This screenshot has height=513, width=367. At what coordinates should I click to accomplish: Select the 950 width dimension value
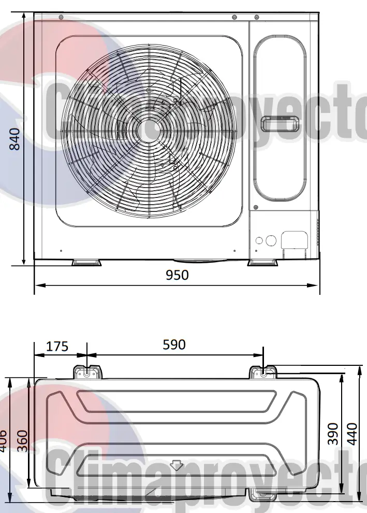177,275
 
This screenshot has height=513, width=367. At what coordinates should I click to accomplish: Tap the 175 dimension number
57,346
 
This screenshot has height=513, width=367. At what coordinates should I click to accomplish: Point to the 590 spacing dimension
174,345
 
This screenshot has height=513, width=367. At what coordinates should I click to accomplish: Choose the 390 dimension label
333,433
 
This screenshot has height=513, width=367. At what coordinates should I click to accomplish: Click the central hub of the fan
149,129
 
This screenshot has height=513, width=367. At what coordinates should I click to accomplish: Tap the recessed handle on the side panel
279,125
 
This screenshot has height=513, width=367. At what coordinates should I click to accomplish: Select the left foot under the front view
86,263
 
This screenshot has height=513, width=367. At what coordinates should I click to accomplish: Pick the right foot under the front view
263,263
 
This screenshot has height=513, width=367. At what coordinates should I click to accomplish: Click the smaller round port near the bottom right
259,240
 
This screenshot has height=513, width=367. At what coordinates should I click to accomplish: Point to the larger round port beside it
270,240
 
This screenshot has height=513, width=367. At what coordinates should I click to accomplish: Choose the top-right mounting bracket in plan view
264,373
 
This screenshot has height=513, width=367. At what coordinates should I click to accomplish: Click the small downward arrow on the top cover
177,465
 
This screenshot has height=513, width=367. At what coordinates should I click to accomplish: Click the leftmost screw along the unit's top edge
61,18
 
